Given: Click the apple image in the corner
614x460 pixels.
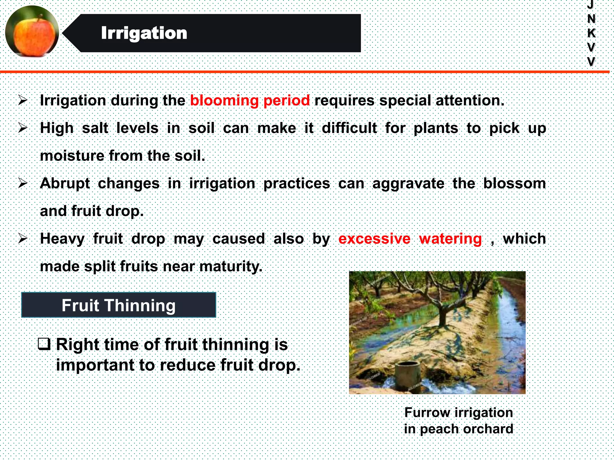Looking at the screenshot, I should (x=32, y=31).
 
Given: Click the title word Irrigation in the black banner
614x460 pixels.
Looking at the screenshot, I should (x=144, y=33).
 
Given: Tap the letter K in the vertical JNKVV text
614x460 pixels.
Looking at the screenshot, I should (x=591, y=33).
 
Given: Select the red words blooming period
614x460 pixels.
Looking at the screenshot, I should (x=250, y=100).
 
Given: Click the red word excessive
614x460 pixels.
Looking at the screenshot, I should (x=374, y=239).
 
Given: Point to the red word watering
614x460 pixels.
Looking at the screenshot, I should (x=450, y=239).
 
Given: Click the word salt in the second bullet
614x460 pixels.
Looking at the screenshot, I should (x=95, y=128).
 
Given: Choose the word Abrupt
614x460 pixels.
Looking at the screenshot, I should (x=65, y=183).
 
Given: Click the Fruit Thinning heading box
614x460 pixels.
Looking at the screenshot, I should (x=118, y=305).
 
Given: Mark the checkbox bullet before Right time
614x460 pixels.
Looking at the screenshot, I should (x=44, y=344).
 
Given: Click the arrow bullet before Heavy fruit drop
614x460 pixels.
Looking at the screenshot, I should (x=23, y=239).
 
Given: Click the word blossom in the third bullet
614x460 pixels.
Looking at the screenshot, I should (x=514, y=183).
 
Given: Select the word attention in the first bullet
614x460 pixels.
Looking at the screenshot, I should (x=469, y=100).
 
